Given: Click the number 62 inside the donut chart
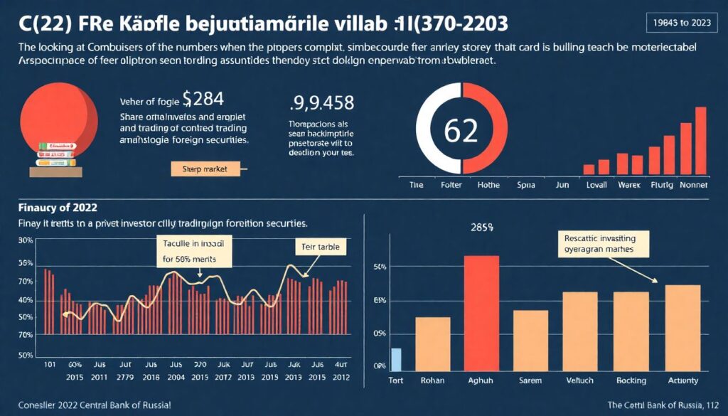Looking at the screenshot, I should click(460, 132).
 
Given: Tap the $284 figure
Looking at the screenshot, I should click(203, 97).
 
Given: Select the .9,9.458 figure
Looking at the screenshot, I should click(322, 105).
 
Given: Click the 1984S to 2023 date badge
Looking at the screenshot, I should click(682, 21).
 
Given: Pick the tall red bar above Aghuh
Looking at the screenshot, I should click(481, 313).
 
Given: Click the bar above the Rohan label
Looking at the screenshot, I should click(432, 343).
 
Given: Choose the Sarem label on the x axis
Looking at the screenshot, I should click(530, 380).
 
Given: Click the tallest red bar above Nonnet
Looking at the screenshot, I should click(700, 140).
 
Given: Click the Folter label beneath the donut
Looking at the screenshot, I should click(450, 185).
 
